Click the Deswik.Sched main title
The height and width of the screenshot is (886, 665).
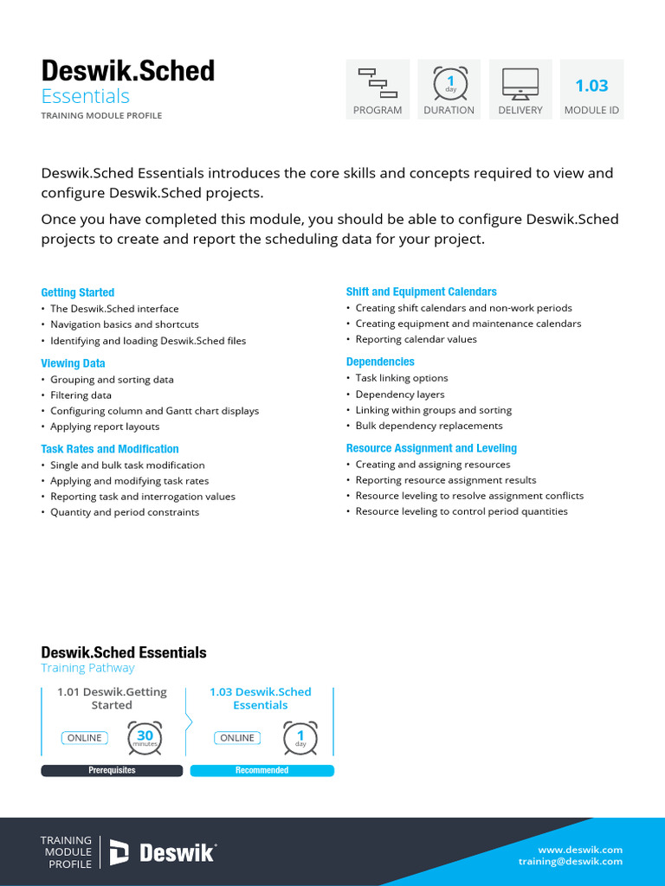128,71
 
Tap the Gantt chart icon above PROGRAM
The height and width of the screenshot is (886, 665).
378,82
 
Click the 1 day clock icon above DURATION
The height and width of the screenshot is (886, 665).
449,82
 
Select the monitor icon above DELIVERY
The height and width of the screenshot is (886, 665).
520,82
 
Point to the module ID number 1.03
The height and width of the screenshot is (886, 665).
591,85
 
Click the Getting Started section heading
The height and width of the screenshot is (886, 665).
78,292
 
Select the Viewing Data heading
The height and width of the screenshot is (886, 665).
73,363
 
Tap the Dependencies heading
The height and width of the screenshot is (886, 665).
380,362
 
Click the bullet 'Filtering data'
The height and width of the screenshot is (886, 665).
81,395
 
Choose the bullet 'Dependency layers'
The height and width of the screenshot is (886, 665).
399,395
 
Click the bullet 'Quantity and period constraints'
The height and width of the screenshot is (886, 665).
125,512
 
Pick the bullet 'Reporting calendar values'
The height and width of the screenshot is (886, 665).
416,339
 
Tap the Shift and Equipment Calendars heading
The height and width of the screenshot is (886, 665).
421,292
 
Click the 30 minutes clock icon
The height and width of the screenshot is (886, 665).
145,737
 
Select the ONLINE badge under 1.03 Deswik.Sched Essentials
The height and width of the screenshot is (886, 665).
237,738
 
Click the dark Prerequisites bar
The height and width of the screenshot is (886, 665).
112,770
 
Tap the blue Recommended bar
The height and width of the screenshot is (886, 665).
261,770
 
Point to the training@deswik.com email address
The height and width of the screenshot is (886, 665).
570,862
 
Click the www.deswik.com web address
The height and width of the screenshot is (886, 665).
579,850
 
